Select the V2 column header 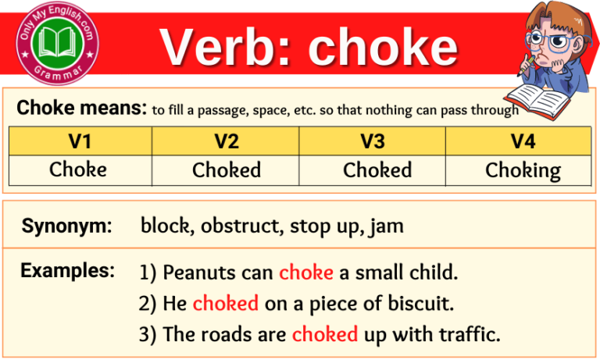coord(226,141)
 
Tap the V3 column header coord(372,141)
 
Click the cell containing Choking coord(523,170)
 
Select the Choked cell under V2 coord(227,170)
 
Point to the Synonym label coord(67,226)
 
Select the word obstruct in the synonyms coord(241,226)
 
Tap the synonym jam coord(388,227)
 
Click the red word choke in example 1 coord(306,273)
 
